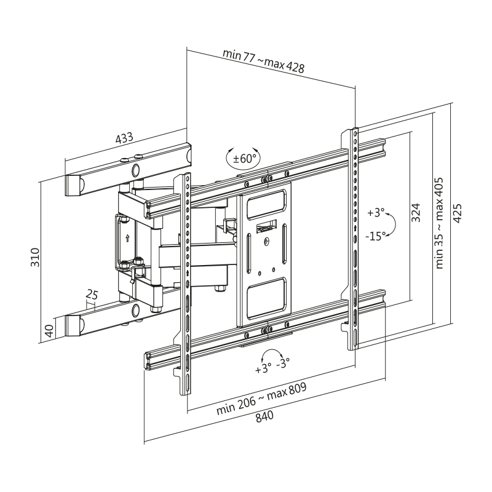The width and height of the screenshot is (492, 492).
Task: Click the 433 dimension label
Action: pyautogui.click(x=124, y=138)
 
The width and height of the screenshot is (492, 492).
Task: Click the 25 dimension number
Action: pyautogui.click(x=92, y=296)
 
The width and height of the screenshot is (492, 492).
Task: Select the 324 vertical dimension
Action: pyautogui.click(x=416, y=212)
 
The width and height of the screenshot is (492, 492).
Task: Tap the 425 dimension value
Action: pyautogui.click(x=458, y=213)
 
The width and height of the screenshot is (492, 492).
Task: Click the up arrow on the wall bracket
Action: pyautogui.click(x=127, y=239)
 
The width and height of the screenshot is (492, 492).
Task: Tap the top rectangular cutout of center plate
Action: pyautogui.click(x=266, y=205)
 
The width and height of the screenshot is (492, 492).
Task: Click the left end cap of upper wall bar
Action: pyautogui.click(x=73, y=185)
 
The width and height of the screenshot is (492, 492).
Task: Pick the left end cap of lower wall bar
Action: pyautogui.click(x=73, y=325)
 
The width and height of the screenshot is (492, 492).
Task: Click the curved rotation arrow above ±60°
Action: pyautogui.click(x=242, y=149)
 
